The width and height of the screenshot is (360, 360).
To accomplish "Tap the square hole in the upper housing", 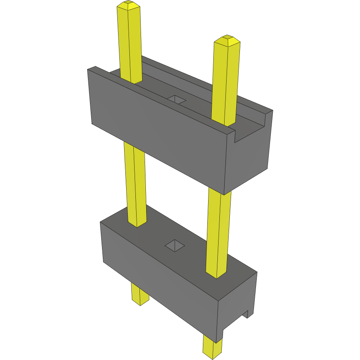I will pos(177,99).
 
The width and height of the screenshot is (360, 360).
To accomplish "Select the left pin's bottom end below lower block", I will pos(140,295).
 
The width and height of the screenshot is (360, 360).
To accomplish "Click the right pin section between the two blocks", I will pos(219,233).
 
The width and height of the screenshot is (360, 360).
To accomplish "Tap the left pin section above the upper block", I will pos(130,44).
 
